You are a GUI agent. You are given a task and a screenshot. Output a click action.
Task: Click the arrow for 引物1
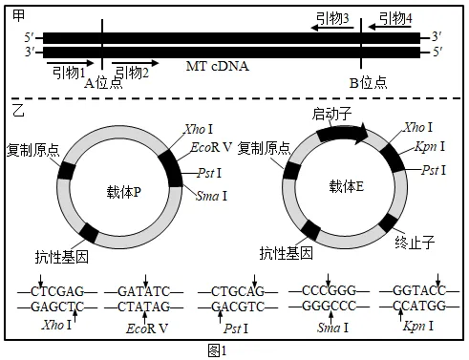point(71,63)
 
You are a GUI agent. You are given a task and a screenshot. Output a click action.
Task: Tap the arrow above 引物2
point(135,63)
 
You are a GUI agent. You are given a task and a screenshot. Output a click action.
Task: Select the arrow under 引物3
point(332,28)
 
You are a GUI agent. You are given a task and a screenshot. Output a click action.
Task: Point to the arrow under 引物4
point(390,27)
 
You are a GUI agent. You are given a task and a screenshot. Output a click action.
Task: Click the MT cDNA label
point(217,66)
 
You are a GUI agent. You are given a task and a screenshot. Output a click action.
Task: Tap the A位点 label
point(103,83)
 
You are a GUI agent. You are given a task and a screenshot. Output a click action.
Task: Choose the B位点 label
point(369,83)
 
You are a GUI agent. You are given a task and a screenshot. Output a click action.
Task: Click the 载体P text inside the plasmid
point(124,192)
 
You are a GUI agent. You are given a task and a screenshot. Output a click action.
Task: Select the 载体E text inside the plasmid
point(347,186)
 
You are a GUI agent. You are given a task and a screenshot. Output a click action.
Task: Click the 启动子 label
point(331,114)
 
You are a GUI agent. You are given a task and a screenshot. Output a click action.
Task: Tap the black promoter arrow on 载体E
point(342,133)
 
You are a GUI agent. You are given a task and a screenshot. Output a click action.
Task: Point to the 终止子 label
point(415,243)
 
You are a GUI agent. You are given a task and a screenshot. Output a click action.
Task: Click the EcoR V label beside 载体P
point(211,147)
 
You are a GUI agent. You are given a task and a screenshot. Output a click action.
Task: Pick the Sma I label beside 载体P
point(212,196)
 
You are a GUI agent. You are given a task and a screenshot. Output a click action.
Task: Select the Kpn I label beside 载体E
point(430,147)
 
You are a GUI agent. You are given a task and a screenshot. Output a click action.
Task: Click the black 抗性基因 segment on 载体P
point(89,233)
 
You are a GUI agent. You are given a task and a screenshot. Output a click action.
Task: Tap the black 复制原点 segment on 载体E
point(291,170)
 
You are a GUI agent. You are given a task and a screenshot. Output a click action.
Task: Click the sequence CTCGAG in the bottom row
point(57,291)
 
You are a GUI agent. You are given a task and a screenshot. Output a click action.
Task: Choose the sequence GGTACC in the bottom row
point(419,290)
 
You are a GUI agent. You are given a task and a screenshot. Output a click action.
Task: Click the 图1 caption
point(217,350)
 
